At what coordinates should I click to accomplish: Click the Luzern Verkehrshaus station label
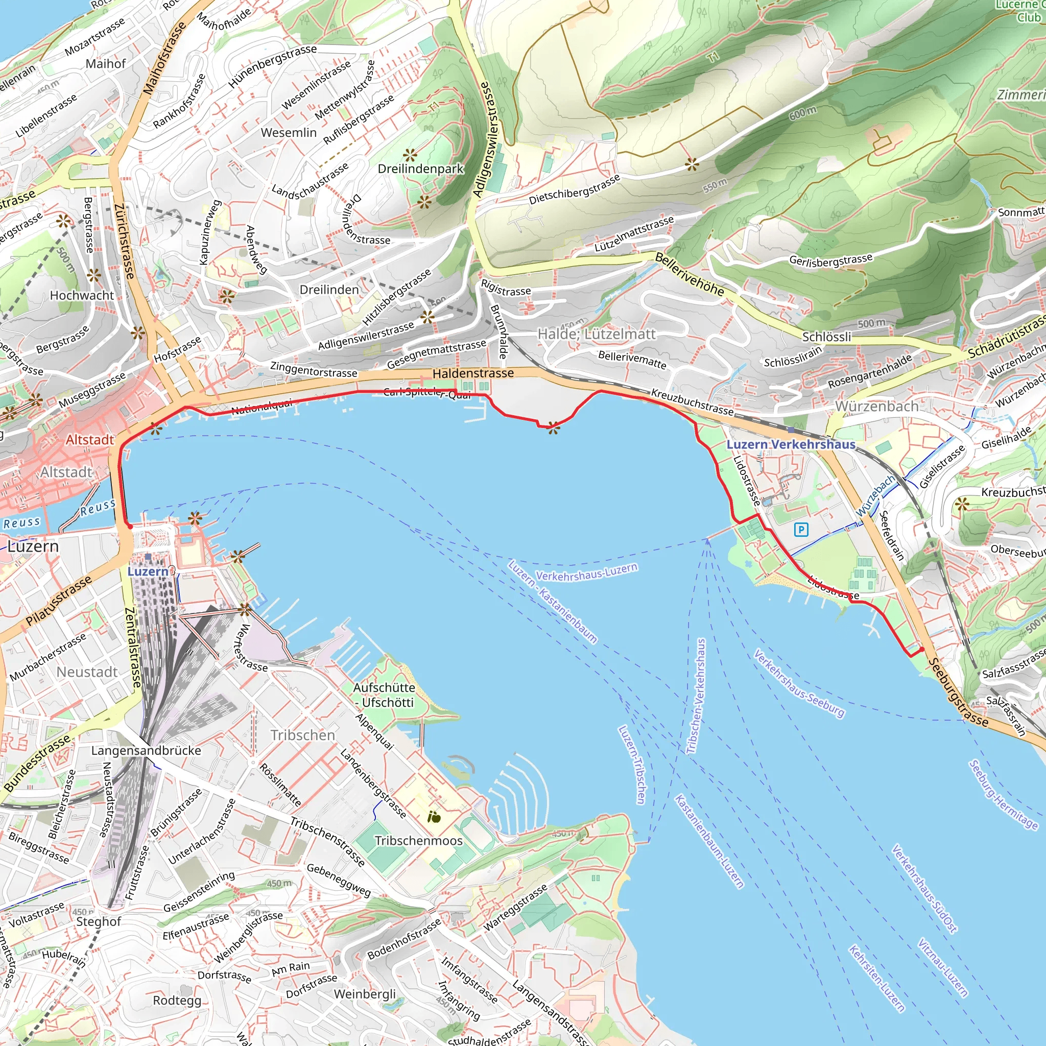coord(791,444)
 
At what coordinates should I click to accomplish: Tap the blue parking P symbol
coord(801,529)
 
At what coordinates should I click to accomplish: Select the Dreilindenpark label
coord(421,169)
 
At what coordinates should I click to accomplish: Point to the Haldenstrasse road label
coord(473,373)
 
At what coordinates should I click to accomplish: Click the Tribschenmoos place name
coord(418,841)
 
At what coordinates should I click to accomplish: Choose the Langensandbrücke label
coord(146,750)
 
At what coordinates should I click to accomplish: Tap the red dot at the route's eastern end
coord(922,649)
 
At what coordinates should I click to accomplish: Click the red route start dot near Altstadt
coord(130,526)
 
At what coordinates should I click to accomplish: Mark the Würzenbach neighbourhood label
coord(876,406)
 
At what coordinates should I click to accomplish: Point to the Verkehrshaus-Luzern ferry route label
coord(586,572)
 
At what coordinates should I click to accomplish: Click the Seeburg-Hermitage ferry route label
coord(1003,795)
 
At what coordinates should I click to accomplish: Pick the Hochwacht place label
coord(82,295)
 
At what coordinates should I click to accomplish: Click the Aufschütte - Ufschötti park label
coord(385,695)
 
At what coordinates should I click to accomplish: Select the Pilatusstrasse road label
coord(59,602)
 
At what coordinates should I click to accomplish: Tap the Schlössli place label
coord(826,337)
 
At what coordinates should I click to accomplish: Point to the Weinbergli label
coord(365,994)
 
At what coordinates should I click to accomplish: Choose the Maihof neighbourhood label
coord(106,64)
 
